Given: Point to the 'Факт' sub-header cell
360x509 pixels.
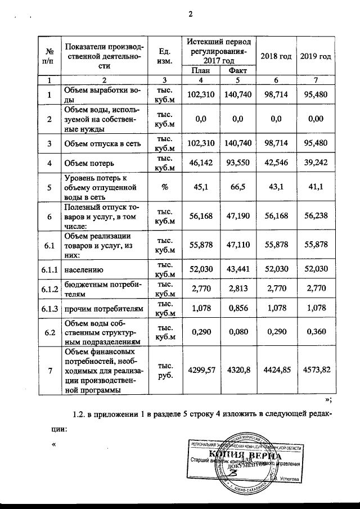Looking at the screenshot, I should pos(238,71).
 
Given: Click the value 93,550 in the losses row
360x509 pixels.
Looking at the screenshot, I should pos(238,163).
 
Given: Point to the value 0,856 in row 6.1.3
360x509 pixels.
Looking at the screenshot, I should pos(238,309).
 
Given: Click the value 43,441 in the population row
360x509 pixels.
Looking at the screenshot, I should pos(238,269).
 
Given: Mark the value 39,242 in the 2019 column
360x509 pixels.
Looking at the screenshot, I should pos(315,163).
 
